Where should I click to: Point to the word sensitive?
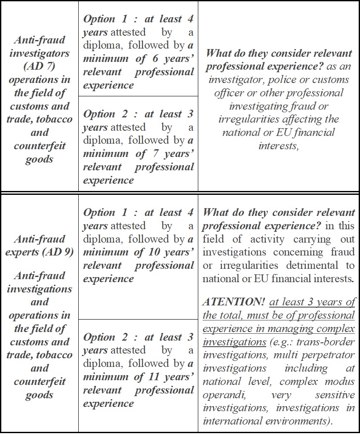click(x=335, y=395)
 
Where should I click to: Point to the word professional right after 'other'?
click(x=316, y=93)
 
